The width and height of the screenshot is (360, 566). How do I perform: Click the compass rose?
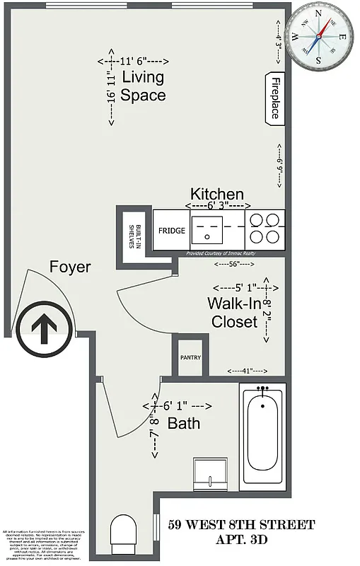[x=323, y=34]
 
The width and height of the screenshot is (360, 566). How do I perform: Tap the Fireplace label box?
[x=275, y=98]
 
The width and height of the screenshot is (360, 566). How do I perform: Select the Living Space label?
[x=143, y=86]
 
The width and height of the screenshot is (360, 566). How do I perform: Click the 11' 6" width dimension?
[x=139, y=61]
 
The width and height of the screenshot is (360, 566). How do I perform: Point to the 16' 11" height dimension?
[x=110, y=88]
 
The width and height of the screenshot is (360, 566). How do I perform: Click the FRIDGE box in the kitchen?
[x=171, y=231]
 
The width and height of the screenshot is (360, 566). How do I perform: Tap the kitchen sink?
[x=209, y=230]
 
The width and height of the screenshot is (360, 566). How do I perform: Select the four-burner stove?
[x=265, y=229]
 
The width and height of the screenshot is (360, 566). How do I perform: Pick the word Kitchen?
[x=217, y=194]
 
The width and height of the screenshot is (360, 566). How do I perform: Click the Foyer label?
[x=70, y=267]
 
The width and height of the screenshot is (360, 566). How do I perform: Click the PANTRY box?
[x=190, y=357]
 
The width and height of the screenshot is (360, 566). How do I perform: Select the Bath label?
[x=183, y=424]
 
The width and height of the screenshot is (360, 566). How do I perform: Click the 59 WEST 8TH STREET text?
[x=242, y=525]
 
